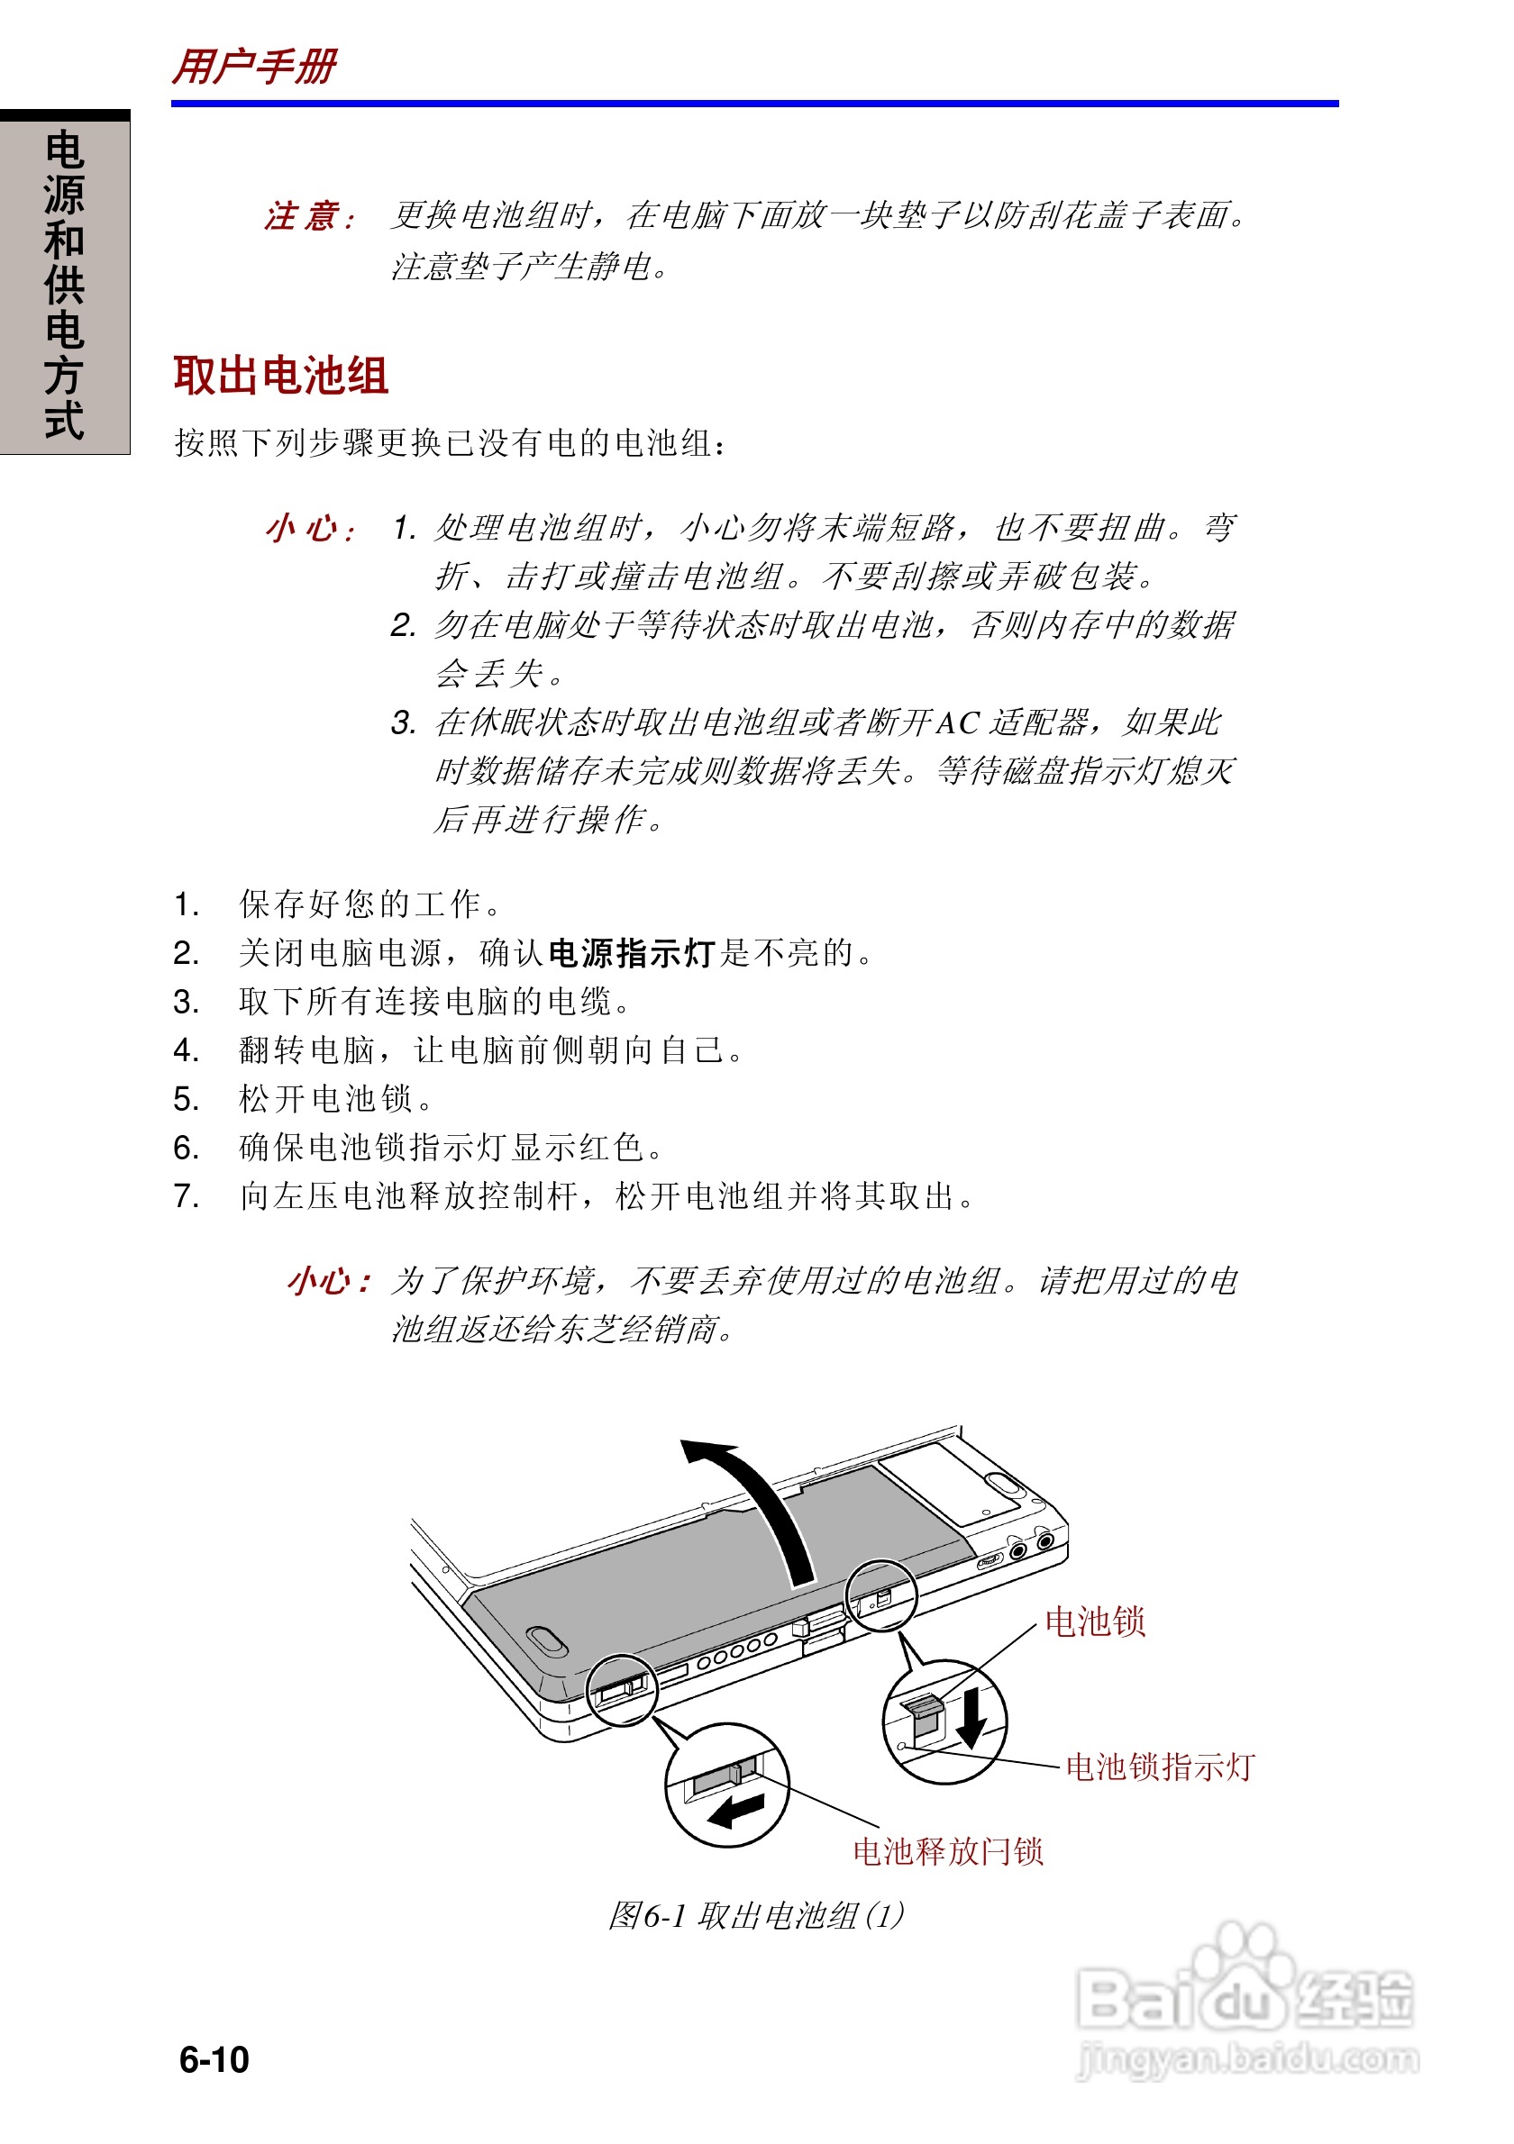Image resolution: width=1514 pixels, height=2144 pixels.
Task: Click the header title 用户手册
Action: pos(254,68)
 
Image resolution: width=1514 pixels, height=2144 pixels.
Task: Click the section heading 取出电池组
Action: pos(280,376)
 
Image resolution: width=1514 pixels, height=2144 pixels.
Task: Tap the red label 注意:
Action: pos(309,216)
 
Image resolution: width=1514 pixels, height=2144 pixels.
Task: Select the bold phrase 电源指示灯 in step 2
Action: pos(632,953)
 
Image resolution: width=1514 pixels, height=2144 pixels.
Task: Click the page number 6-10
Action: pos(214,2059)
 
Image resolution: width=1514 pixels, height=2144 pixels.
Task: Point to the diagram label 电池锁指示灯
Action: pos(1160,1767)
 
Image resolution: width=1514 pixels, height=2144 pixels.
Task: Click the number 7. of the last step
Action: pos(187,1196)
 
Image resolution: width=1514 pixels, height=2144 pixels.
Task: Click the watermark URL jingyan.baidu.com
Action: pos(1248,2059)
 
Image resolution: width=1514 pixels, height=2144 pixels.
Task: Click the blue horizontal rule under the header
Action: pos(754,104)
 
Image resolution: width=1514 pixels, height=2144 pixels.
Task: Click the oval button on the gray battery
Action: pos(546,1640)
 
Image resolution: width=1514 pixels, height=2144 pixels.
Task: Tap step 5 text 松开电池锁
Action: pos(327,1099)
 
